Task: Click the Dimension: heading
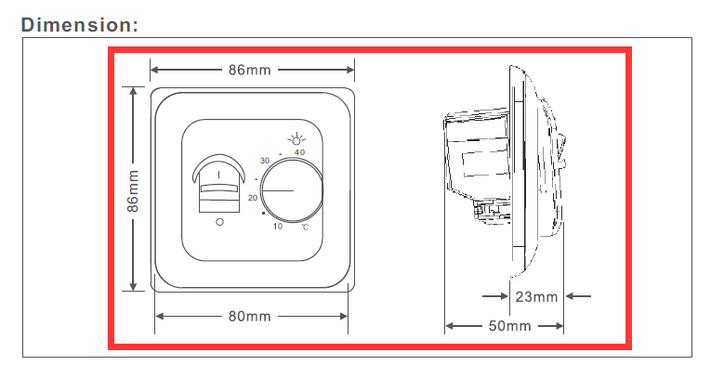79,24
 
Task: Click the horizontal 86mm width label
249,70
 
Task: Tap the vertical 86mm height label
132,190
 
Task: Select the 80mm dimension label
249,316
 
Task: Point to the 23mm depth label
536,296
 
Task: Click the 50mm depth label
509,326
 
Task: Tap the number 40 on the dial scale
299,152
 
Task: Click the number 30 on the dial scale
265,161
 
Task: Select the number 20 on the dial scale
253,198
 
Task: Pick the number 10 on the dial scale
278,226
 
